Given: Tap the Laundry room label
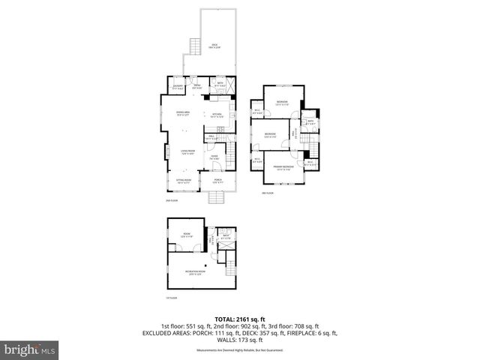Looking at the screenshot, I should point(178,86).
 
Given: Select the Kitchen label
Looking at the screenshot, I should point(217,115).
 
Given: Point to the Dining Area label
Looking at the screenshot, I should point(182,114).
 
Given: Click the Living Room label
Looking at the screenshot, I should point(187,152).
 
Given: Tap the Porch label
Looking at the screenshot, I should point(218,181).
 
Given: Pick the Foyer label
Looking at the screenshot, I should point(214,157).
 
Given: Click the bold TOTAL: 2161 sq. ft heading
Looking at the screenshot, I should point(239,319).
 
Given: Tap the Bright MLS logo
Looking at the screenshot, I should point(31,350).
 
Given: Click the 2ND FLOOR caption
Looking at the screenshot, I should point(172,201).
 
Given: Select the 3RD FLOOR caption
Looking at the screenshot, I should point(268,193).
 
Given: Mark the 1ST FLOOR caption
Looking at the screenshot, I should point(172,298).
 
